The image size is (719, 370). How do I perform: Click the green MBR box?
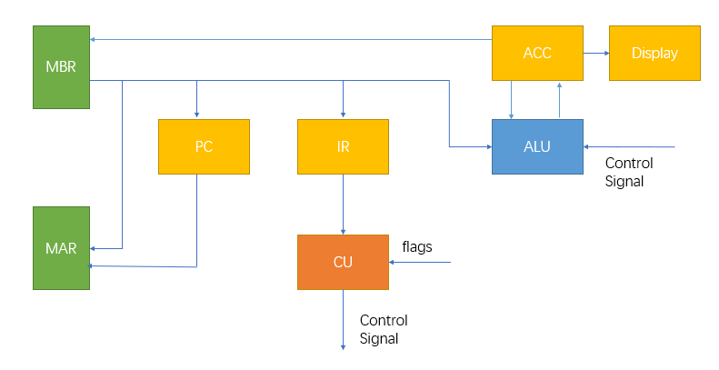pyautogui.click(x=61, y=66)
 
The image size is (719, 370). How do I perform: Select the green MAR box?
pyautogui.click(x=61, y=247)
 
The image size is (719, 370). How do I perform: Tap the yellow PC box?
pyautogui.click(x=204, y=146)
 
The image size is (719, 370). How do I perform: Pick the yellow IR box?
pyautogui.click(x=343, y=146)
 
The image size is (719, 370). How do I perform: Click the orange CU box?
pyautogui.click(x=343, y=262)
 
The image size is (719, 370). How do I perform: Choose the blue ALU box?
pyautogui.click(x=537, y=146)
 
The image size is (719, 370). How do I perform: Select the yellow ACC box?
pyautogui.click(x=537, y=53)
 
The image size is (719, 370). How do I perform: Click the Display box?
pyautogui.click(x=654, y=53)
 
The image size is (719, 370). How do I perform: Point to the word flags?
pyautogui.click(x=417, y=246)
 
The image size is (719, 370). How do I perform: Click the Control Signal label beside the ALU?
pyautogui.click(x=629, y=172)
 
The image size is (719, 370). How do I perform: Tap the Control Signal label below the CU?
pyautogui.click(x=384, y=329)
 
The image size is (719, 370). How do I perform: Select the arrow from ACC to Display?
pyautogui.click(x=595, y=53)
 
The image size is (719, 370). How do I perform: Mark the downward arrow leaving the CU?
pyautogui.click(x=343, y=319)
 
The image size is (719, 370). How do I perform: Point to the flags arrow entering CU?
pyautogui.click(x=419, y=263)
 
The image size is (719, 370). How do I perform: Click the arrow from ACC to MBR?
pyautogui.click(x=291, y=39)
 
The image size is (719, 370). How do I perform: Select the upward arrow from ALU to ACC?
pyautogui.click(x=560, y=99)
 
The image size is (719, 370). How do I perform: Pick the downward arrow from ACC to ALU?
pyautogui.click(x=512, y=99)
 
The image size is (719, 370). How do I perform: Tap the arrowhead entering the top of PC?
pyautogui.click(x=196, y=113)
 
